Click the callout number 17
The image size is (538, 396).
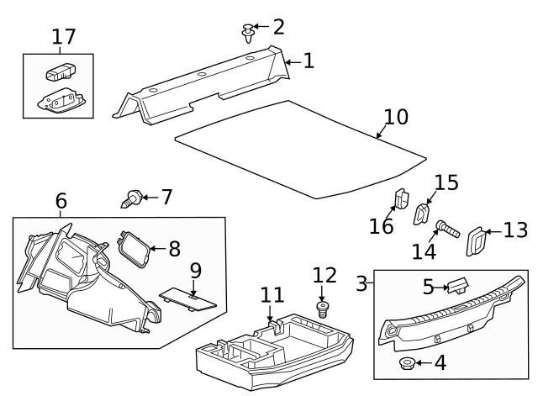[64, 37]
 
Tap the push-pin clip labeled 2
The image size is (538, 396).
[248, 34]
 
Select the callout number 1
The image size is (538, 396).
[309, 61]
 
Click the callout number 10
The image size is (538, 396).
[395, 117]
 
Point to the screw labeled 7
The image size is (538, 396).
[130, 199]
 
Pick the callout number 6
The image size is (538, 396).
[61, 202]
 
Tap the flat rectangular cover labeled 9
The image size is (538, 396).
[188, 296]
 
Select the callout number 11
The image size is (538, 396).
[272, 295]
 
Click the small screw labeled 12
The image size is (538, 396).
[321, 309]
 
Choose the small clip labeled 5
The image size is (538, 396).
[458, 286]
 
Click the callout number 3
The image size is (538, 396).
[362, 283]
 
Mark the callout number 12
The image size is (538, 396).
[324, 275]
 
